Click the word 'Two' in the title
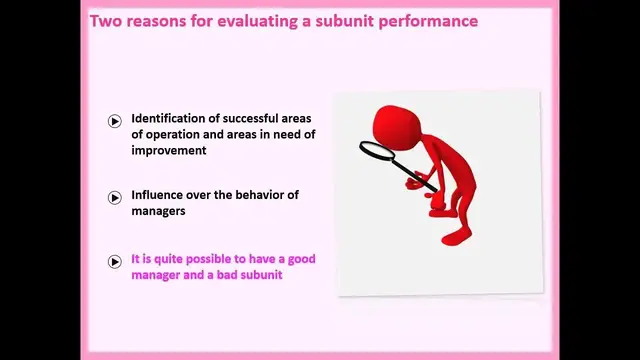[x=107, y=19]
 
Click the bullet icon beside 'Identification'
[x=115, y=122]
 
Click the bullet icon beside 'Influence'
[x=115, y=198]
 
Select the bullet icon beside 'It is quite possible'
[x=115, y=262]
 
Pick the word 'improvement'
[x=169, y=150]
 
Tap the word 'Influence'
[x=161, y=195]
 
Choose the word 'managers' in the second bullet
[x=161, y=211]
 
